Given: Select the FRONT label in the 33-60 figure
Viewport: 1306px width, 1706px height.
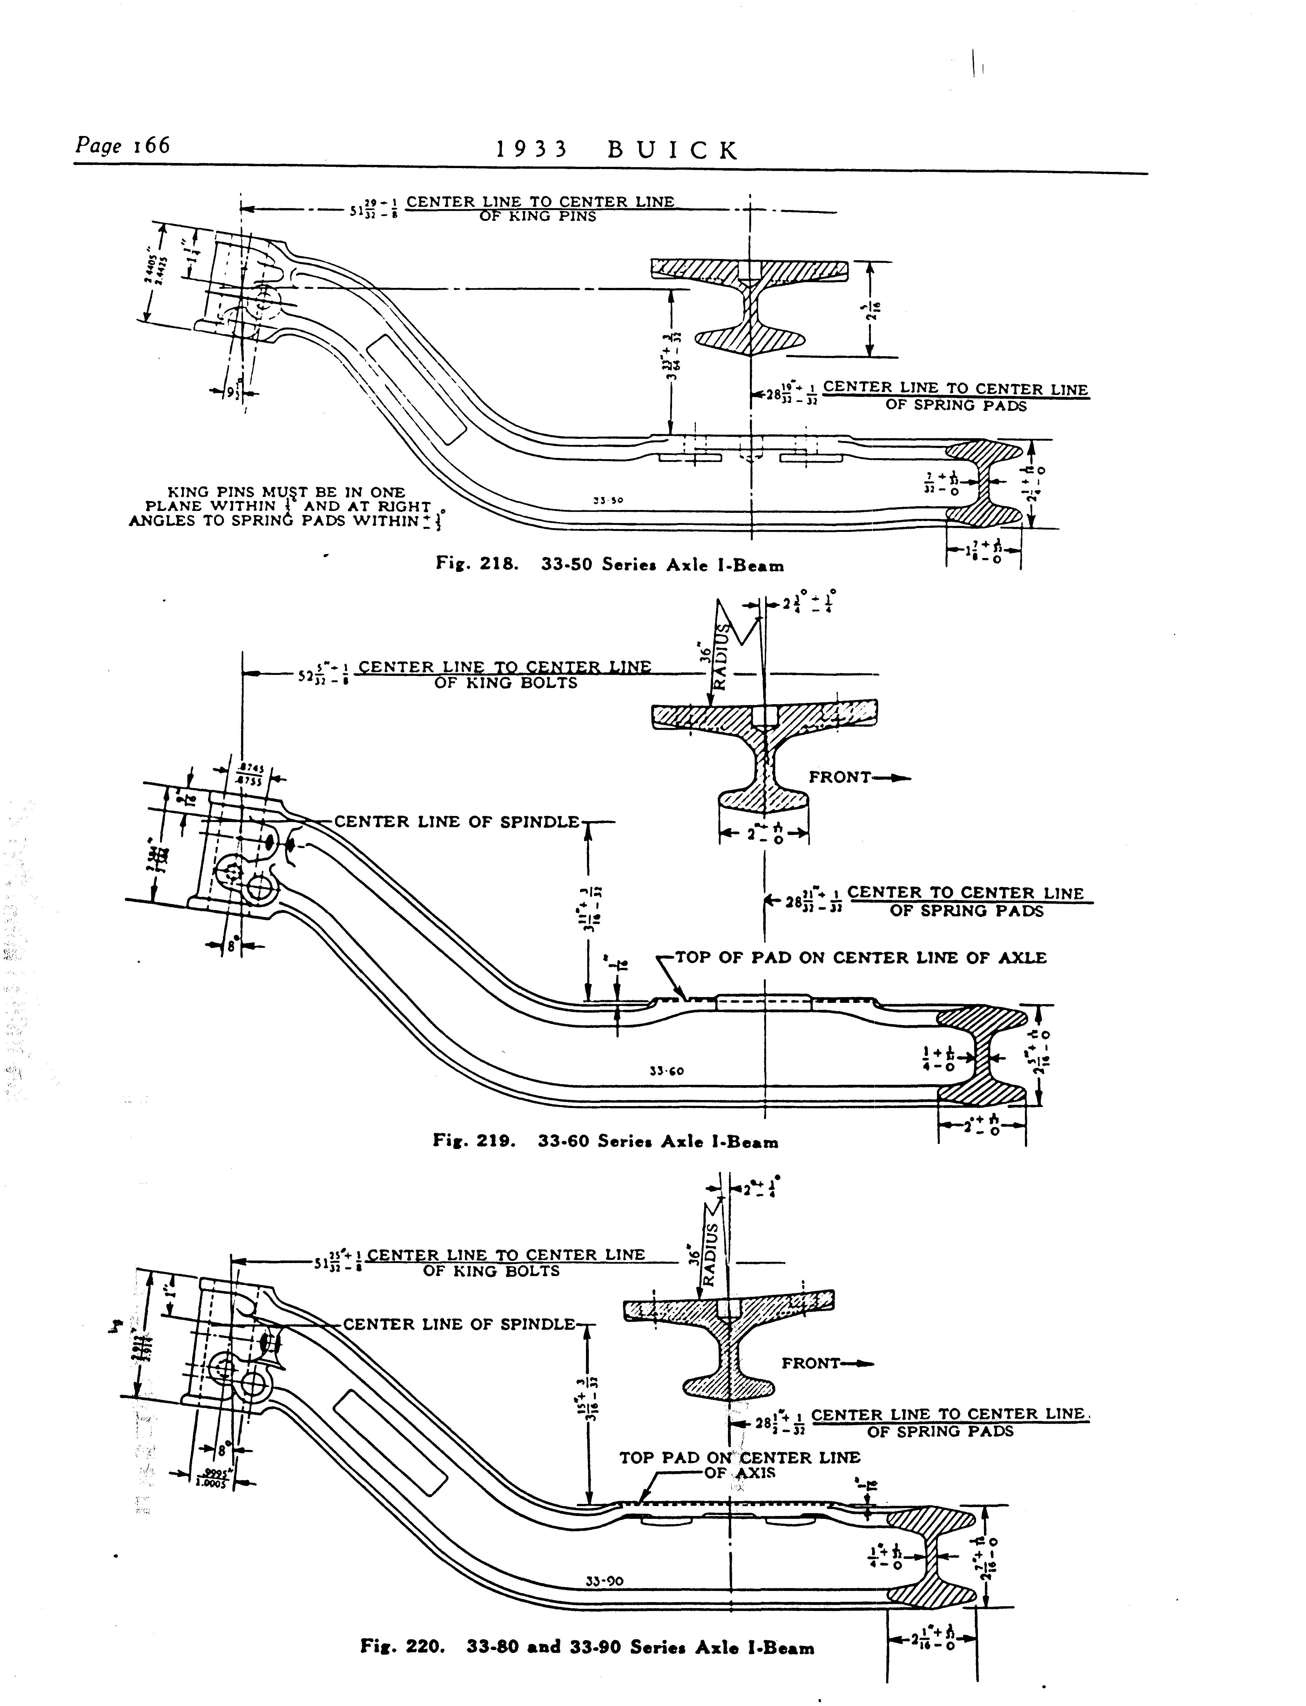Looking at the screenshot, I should (839, 777).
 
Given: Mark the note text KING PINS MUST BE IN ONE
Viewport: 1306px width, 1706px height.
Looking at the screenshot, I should (286, 492).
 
